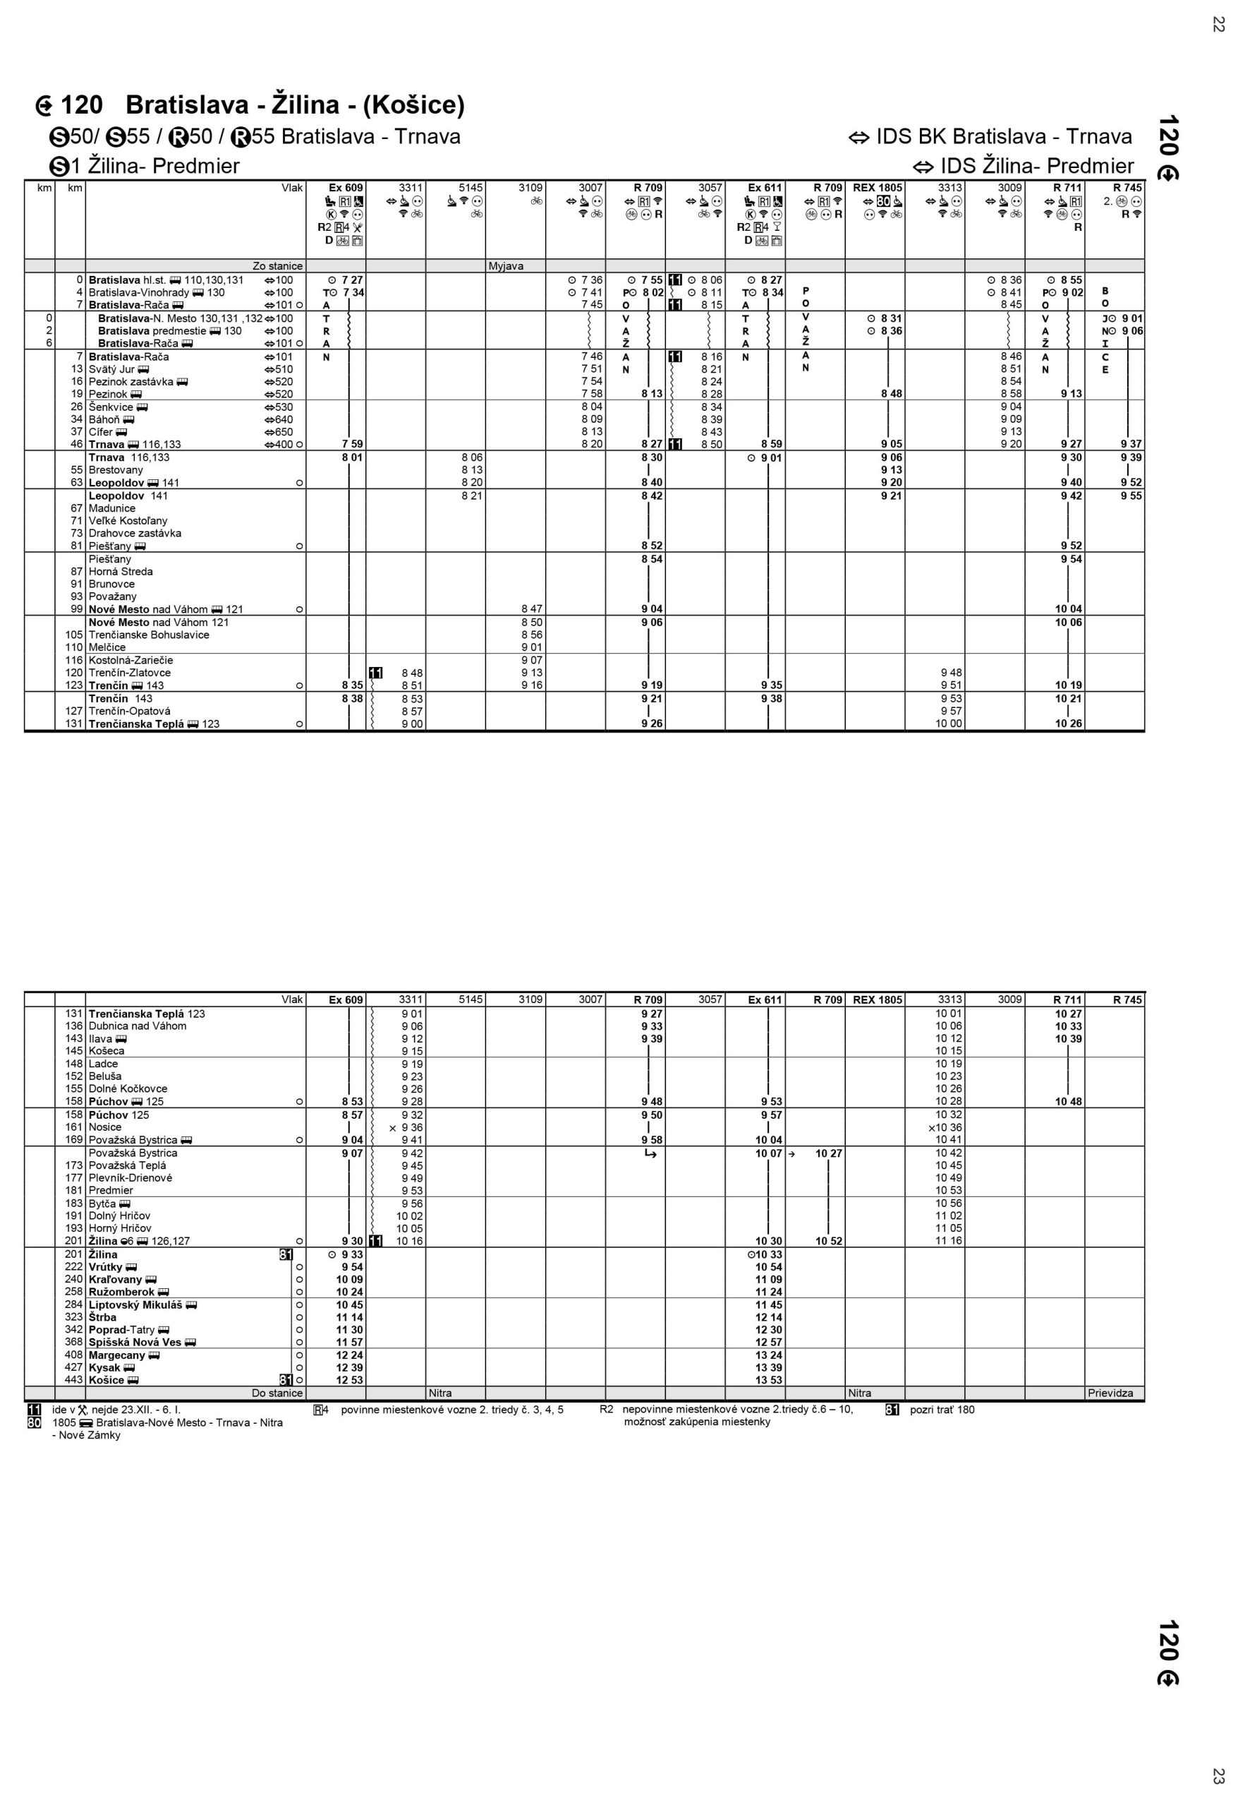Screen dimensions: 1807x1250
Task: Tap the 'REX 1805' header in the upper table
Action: pos(878,188)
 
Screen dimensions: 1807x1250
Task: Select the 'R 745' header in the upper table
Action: pos(1127,188)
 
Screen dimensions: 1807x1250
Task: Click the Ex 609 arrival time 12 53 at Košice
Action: pos(349,1380)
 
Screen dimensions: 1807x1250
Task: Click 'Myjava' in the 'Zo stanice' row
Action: pos(506,266)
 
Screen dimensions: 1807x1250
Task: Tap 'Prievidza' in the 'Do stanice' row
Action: pos(1110,1393)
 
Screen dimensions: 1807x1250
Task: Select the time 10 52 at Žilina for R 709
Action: pos(829,1240)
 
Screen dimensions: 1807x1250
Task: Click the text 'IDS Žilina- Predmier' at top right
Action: pos(1036,166)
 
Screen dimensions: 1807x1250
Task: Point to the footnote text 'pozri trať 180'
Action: pos(942,1410)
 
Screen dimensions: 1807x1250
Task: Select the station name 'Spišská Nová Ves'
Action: pos(135,1343)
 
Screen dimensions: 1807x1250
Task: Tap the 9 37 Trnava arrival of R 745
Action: pos(1131,444)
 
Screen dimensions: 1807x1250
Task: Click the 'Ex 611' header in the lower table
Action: pos(765,1000)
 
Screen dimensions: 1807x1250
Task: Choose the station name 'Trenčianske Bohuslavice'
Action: pos(149,635)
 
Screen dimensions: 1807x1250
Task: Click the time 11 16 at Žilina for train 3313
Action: pos(949,1240)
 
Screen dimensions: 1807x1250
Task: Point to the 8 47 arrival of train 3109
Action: pos(532,609)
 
